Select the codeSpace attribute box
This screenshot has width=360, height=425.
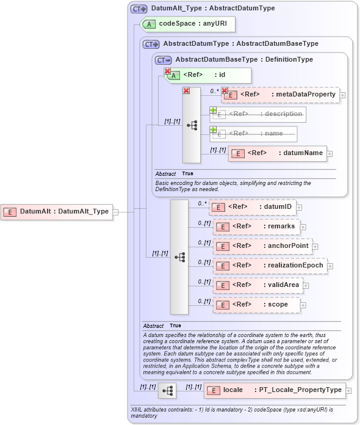tap(187, 24)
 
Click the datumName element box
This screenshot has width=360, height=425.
tap(277, 153)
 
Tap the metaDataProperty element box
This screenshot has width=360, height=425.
tap(280, 95)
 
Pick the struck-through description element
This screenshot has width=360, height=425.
tap(258, 114)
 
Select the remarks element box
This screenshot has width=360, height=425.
tap(256, 227)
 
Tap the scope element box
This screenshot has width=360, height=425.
tap(256, 305)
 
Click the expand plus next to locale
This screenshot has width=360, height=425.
tap(348, 390)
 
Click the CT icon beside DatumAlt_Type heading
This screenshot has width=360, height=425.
tap(139, 9)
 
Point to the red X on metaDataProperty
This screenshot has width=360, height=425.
tap(224, 90)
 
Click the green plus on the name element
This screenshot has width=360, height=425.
tap(214, 130)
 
